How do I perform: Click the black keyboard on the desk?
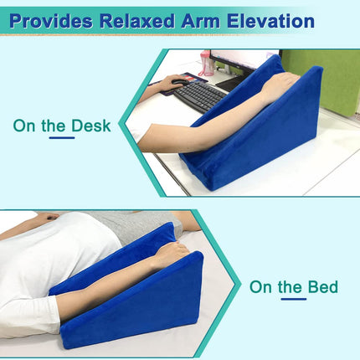[x=199, y=95]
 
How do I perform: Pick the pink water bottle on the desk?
[x=206, y=64]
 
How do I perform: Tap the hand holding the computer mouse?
[x=175, y=81]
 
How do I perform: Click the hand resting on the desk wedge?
[x=280, y=84]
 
